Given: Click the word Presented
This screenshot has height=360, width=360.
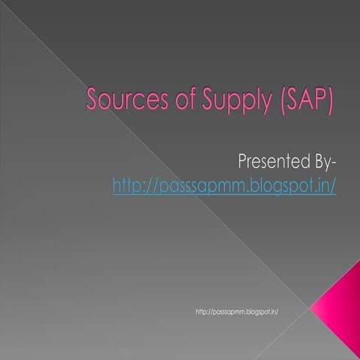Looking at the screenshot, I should tap(269, 160).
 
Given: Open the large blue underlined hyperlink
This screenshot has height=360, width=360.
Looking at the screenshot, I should tap(223, 184).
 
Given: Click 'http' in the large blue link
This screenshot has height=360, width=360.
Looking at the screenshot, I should tap(127, 184).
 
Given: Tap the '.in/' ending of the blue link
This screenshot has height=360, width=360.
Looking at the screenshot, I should tap(324, 184).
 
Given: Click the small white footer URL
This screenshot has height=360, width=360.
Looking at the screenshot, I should tap(236, 310).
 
